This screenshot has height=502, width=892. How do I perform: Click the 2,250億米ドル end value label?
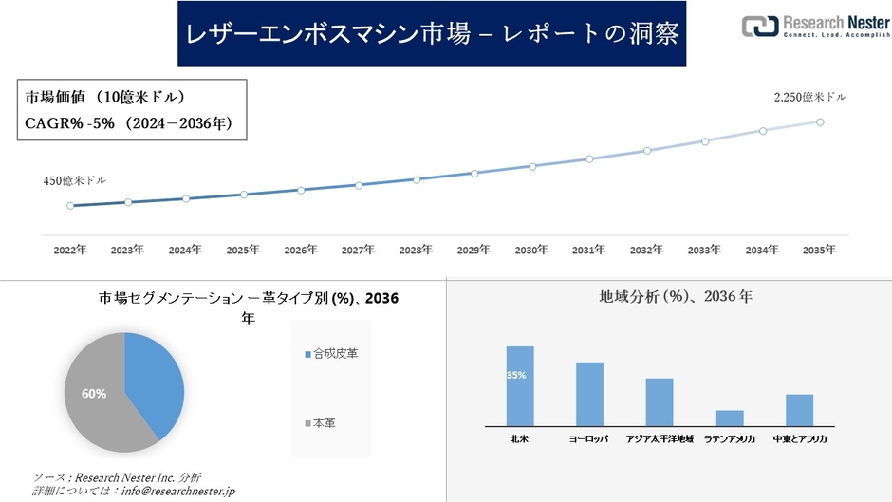click(x=809, y=97)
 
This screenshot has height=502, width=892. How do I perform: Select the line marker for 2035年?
click(x=820, y=121)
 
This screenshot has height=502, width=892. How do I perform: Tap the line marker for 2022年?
click(x=70, y=205)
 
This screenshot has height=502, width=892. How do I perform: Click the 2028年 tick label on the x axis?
click(x=416, y=250)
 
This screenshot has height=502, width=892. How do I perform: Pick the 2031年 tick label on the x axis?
click(x=588, y=250)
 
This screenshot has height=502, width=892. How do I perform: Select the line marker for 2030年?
click(x=531, y=166)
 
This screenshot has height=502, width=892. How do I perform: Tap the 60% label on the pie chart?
click(x=94, y=393)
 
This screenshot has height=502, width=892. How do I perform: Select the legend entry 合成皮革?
click(x=331, y=353)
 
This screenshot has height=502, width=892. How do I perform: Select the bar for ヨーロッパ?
click(x=589, y=394)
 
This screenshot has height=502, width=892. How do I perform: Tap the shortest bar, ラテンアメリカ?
click(x=730, y=418)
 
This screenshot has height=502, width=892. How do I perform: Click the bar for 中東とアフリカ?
click(x=800, y=410)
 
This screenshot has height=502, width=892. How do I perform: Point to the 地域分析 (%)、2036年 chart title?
click(x=676, y=297)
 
